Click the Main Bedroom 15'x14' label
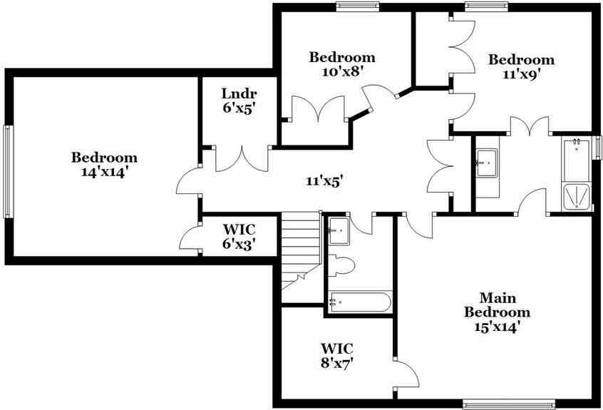(498, 312)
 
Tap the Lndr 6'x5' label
(239, 101)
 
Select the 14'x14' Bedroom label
(104, 165)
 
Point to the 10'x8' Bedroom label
(341, 63)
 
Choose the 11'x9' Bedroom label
(521, 66)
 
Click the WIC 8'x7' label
(337, 355)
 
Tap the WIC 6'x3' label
(239, 237)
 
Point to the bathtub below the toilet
(359, 302)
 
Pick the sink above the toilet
(339, 230)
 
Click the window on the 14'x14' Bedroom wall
(7, 171)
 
